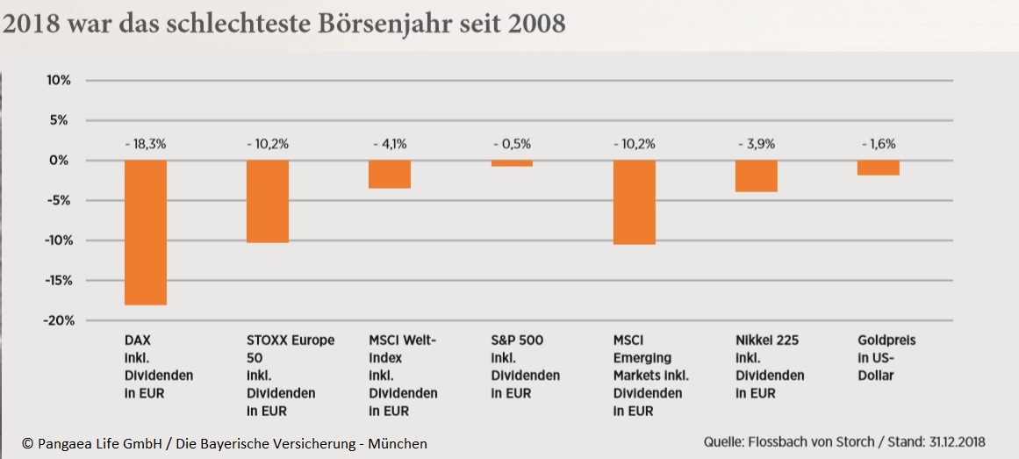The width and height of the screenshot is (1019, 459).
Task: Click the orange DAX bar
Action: click(x=146, y=233)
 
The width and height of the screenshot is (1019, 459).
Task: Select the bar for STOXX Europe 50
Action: click(x=268, y=201)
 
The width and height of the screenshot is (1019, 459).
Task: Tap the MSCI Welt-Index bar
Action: click(x=390, y=174)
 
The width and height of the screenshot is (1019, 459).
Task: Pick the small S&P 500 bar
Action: click(x=512, y=163)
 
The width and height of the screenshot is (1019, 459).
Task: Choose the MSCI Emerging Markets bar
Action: click(x=634, y=202)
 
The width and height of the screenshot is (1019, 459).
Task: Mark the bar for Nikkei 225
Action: click(x=756, y=176)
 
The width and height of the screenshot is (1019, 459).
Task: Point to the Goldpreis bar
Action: click(x=878, y=168)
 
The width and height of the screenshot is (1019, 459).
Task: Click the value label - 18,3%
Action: click(x=146, y=144)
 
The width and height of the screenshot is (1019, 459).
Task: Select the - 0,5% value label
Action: click(x=512, y=144)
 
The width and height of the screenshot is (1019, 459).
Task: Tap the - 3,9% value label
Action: click(x=756, y=144)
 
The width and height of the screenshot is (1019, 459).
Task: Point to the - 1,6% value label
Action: click(x=878, y=144)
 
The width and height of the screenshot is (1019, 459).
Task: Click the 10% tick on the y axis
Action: click(x=58, y=81)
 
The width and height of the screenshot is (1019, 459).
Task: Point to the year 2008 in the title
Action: click(x=536, y=24)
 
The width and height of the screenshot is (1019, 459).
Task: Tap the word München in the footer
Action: click(x=398, y=444)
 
